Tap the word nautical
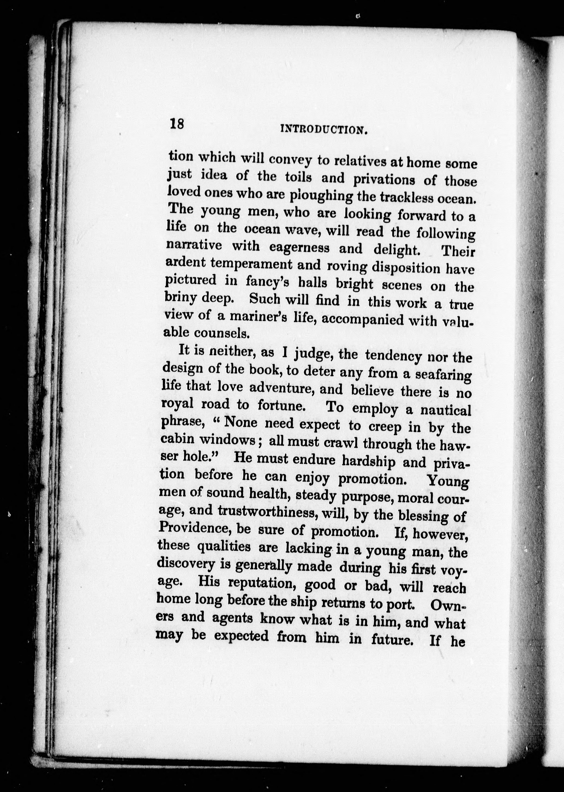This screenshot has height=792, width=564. pos(446,410)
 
